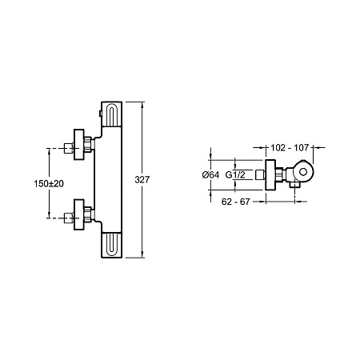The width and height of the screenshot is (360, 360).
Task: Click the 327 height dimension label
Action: [x=142, y=180]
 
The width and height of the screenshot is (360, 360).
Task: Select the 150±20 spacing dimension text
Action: [x=49, y=184]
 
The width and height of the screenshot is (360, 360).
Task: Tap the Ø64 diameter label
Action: [x=210, y=175]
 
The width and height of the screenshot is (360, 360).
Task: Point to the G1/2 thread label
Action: [x=235, y=175]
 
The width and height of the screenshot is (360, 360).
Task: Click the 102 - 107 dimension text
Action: [x=290, y=147]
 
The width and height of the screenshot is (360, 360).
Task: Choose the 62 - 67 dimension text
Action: [x=236, y=202]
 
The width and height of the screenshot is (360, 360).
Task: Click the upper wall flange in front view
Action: [x=78, y=145]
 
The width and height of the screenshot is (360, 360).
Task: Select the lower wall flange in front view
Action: [x=78, y=214]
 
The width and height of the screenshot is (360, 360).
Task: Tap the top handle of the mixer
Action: [x=111, y=114]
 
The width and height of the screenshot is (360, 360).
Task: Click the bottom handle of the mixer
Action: [x=111, y=245]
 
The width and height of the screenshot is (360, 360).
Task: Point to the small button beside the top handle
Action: [x=100, y=114]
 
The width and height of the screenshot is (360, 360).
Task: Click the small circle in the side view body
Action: [x=303, y=172]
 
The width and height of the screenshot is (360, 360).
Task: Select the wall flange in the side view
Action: [x=270, y=175]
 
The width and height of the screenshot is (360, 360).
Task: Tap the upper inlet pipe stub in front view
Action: [x=69, y=148]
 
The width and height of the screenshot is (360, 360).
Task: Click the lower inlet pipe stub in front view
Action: [x=69, y=218]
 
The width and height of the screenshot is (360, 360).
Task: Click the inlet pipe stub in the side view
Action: [x=260, y=174]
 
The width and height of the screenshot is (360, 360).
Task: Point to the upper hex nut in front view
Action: [x=88, y=145]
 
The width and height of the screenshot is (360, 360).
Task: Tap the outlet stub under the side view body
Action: [x=294, y=184]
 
